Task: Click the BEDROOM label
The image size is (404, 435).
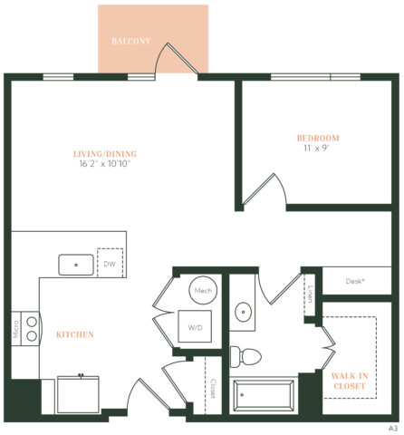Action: click(318, 138)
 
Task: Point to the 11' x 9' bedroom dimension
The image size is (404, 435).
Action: click(318, 149)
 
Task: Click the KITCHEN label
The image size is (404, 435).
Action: click(74, 335)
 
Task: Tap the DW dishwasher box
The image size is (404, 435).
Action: click(111, 265)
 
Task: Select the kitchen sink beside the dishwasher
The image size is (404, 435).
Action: click(76, 266)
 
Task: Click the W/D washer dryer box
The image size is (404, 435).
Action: click(196, 328)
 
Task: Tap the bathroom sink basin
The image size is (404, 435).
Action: click(245, 314)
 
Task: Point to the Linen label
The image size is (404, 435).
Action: click(310, 293)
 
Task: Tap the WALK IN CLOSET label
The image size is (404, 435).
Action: click(349, 381)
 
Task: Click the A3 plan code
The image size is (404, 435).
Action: click(394, 427)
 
